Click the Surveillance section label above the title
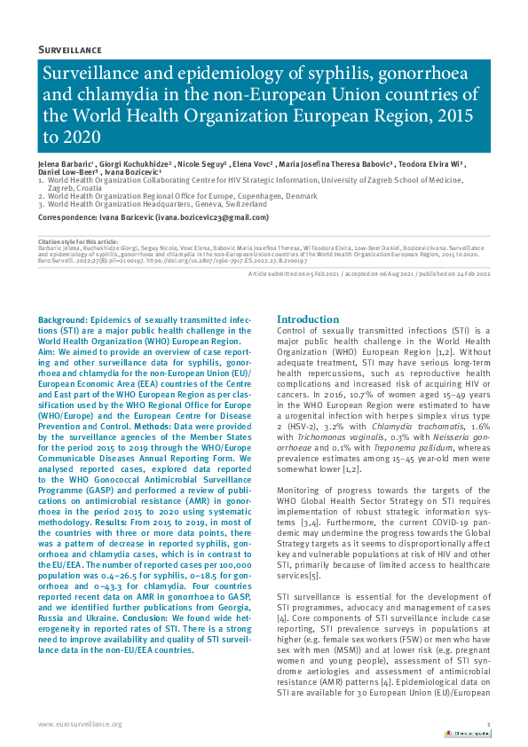pos(70,50)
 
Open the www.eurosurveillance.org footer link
pos(80,725)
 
